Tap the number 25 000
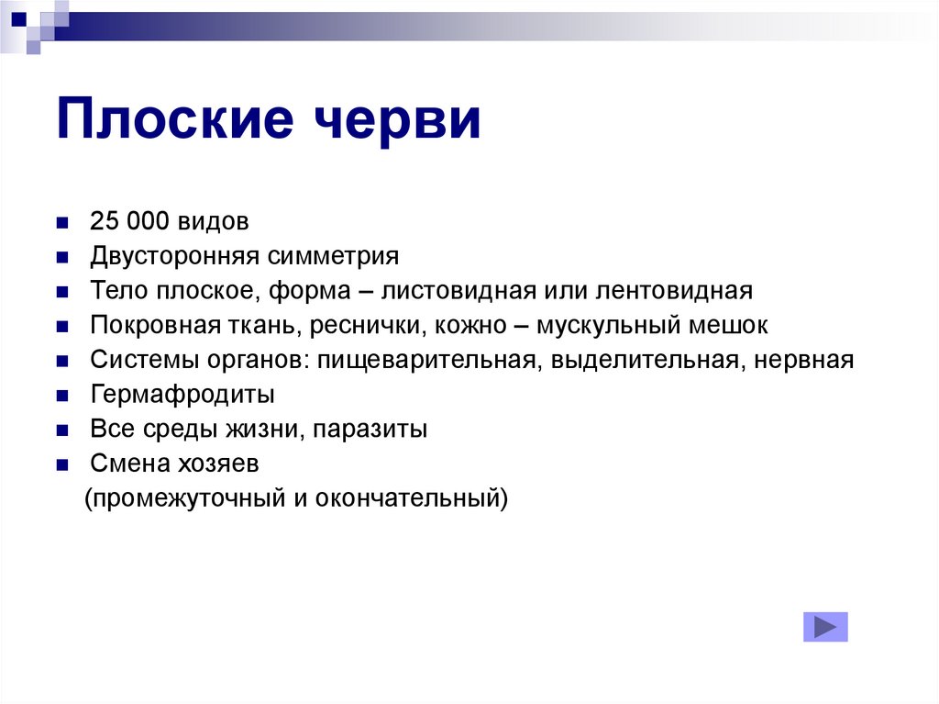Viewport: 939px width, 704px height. point(127,222)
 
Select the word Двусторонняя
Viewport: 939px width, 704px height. point(175,256)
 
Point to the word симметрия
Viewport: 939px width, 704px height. point(335,256)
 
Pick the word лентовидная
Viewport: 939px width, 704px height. point(674,291)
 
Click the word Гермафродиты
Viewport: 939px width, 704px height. point(183,396)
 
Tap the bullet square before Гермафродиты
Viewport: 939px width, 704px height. point(61,397)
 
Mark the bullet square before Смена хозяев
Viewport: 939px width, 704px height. point(61,465)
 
